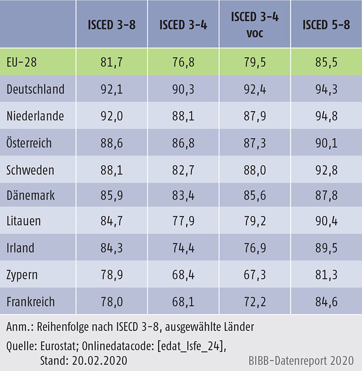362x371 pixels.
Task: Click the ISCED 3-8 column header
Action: (114, 25)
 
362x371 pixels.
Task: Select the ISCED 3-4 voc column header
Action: (255, 24)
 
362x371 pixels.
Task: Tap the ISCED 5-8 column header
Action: (326, 25)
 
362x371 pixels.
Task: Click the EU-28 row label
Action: (22, 62)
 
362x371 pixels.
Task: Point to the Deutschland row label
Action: (36, 89)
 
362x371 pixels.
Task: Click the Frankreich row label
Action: (31, 302)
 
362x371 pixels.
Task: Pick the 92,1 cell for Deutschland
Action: (114, 89)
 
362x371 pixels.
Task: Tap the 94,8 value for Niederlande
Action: (326, 116)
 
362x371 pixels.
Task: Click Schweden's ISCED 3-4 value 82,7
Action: (184, 170)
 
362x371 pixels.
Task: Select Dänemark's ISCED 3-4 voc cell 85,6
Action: (255, 196)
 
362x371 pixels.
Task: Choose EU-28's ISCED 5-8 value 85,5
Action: (326, 62)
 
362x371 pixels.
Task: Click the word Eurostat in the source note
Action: (61, 344)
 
